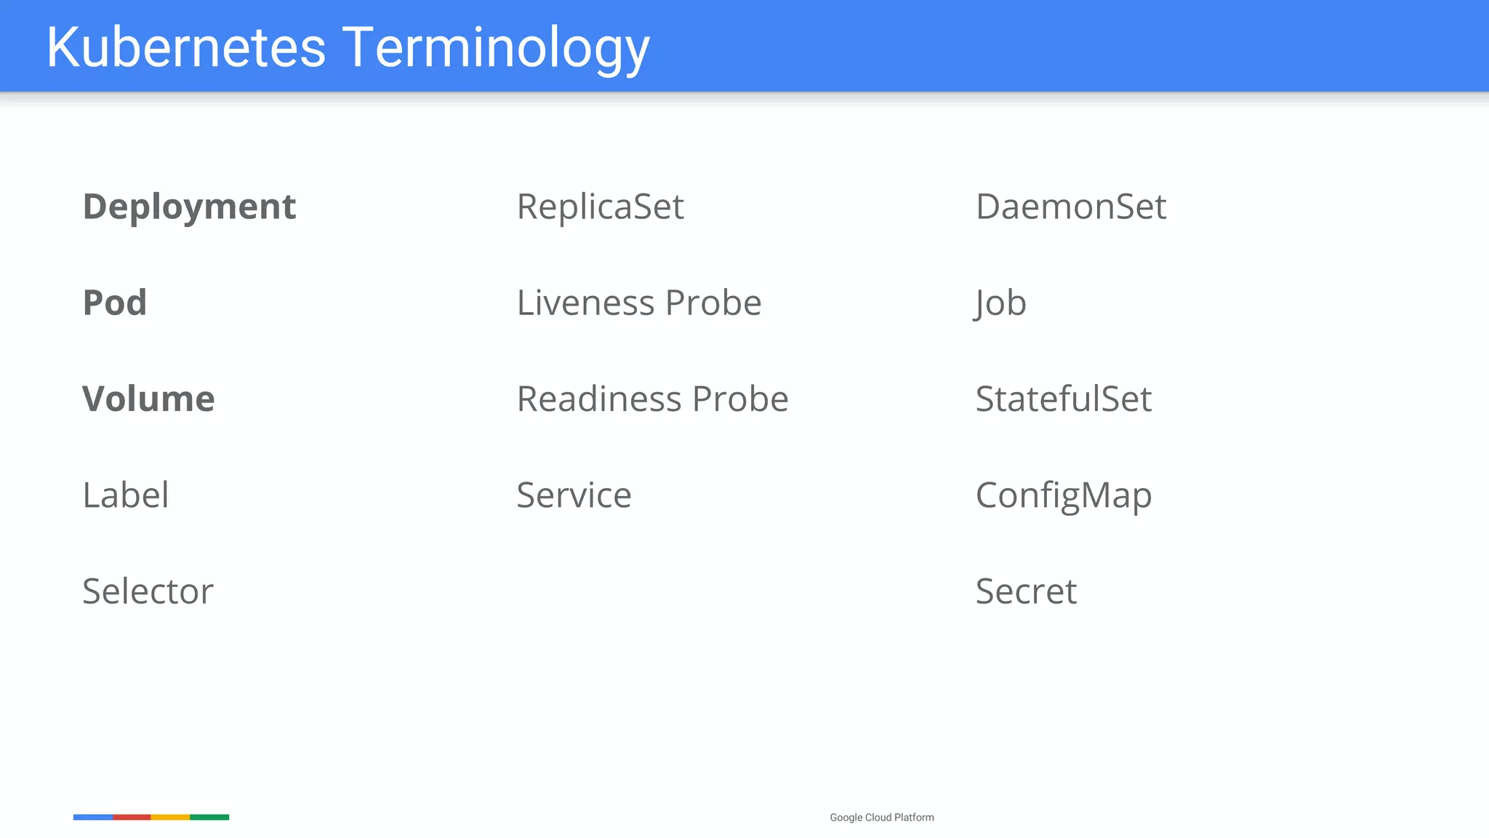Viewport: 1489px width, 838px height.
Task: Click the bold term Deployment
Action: pyautogui.click(x=189, y=207)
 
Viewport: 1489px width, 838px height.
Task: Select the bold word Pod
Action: pyautogui.click(x=115, y=303)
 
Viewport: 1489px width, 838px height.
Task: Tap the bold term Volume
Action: pyautogui.click(x=148, y=399)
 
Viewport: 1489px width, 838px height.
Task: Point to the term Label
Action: pyautogui.click(x=126, y=495)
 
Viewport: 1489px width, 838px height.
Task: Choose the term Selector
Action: pyautogui.click(x=148, y=591)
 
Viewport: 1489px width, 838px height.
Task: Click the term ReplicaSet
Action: pyautogui.click(x=600, y=207)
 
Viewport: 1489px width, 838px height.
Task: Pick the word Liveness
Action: pyautogui.click(x=585, y=303)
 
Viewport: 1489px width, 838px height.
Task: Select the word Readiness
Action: pyautogui.click(x=599, y=399)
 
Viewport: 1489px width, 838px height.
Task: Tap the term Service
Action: pyautogui.click(x=574, y=495)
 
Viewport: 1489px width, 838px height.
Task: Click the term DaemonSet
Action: pyautogui.click(x=1070, y=207)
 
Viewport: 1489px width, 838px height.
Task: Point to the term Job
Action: pyautogui.click(x=1000, y=303)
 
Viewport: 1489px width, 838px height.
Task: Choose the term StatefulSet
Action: pyautogui.click(x=1063, y=399)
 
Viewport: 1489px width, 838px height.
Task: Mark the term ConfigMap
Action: pyautogui.click(x=1063, y=496)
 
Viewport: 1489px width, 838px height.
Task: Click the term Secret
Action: pyautogui.click(x=1025, y=591)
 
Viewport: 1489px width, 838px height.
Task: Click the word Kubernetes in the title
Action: pyautogui.click(x=186, y=47)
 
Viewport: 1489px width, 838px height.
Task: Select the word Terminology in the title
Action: pyautogui.click(x=496, y=47)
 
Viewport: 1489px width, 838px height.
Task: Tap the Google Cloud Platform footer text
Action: pyautogui.click(x=881, y=818)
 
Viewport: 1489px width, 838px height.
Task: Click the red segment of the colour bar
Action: pyautogui.click(x=132, y=818)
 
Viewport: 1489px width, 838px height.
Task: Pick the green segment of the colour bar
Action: pyautogui.click(x=209, y=818)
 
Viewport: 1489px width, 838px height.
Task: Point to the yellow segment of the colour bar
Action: pyautogui.click(x=170, y=818)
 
